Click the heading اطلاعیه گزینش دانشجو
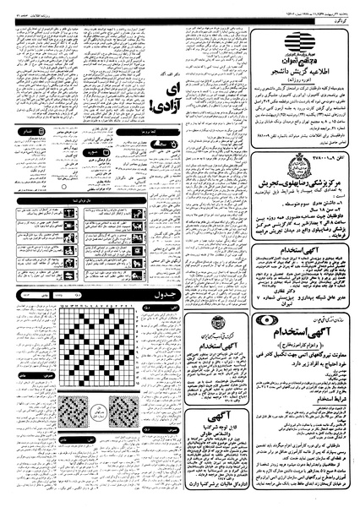304,74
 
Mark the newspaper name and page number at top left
25,7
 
